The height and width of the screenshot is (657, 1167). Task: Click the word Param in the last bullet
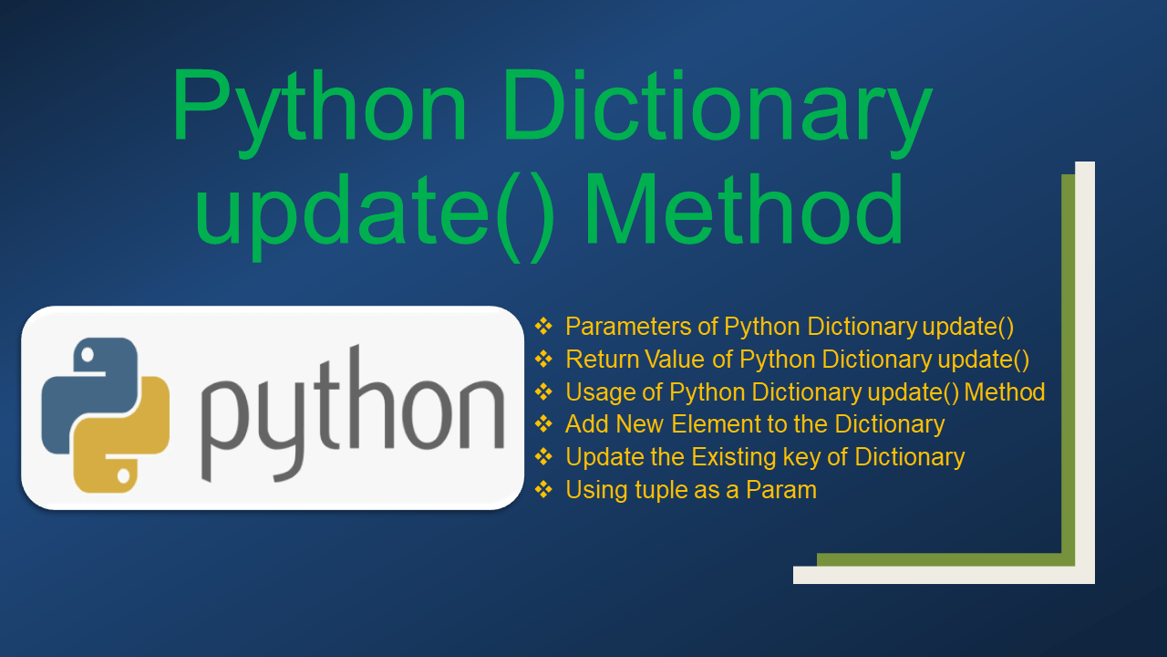click(x=781, y=490)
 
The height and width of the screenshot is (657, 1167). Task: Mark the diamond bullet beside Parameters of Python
click(x=544, y=326)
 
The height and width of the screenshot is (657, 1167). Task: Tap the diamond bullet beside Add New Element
click(x=544, y=424)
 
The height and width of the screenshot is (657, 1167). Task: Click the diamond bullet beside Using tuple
click(x=544, y=490)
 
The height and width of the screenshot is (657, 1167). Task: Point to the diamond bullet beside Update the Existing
click(x=544, y=457)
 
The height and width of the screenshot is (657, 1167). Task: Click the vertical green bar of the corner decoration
click(x=1069, y=365)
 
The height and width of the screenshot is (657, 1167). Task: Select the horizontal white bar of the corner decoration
click(x=939, y=575)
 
